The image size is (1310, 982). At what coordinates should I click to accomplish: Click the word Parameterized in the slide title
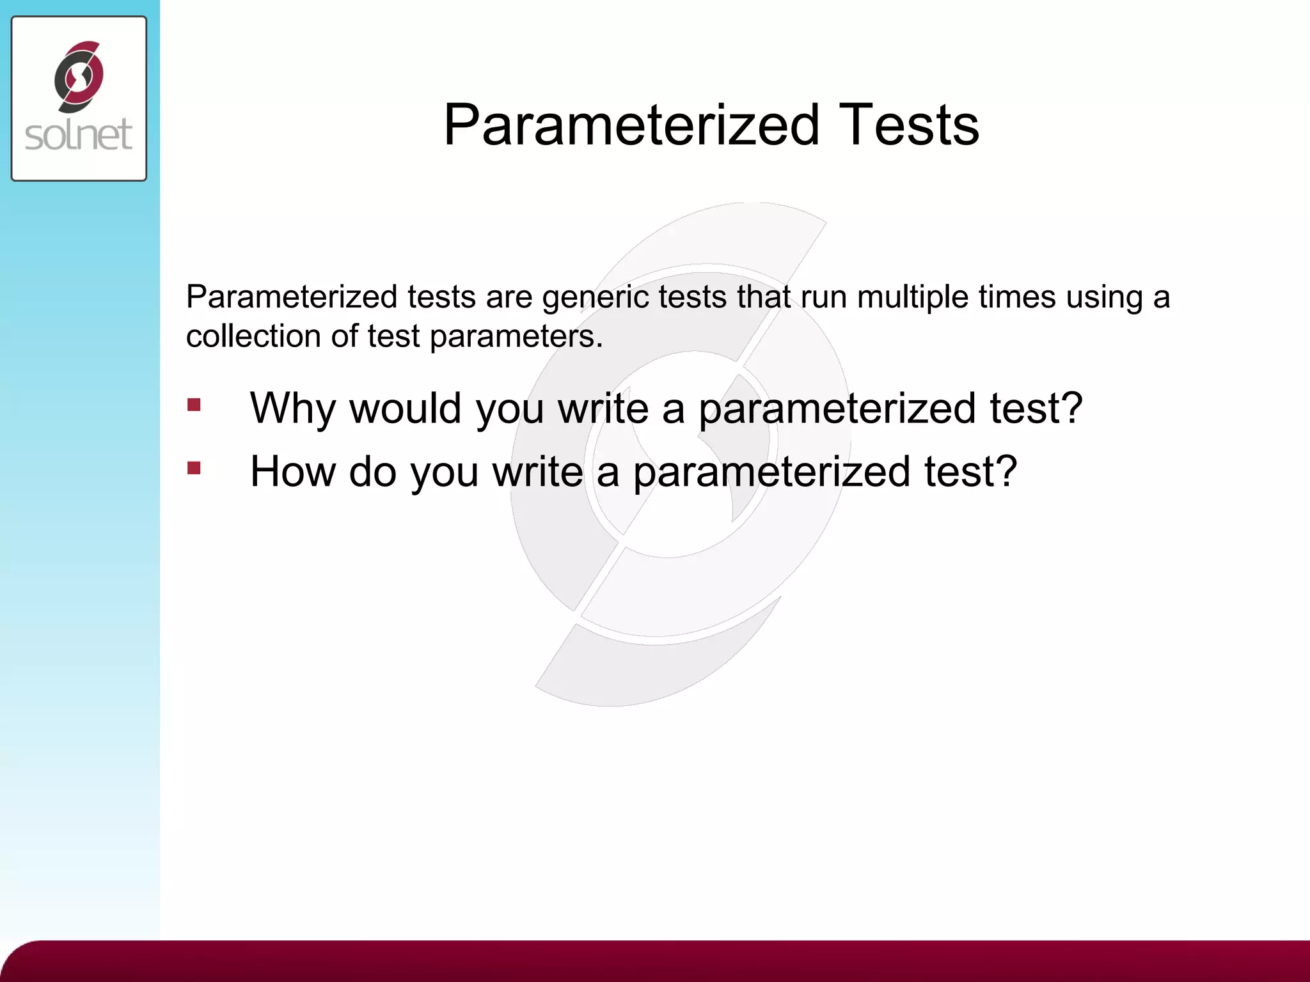click(631, 125)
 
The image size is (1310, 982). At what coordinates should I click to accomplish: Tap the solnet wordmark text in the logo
click(79, 135)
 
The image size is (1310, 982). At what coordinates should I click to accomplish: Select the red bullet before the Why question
click(194, 405)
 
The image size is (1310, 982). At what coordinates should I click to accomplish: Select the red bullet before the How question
click(194, 468)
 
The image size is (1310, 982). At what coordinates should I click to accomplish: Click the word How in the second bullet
click(292, 471)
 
